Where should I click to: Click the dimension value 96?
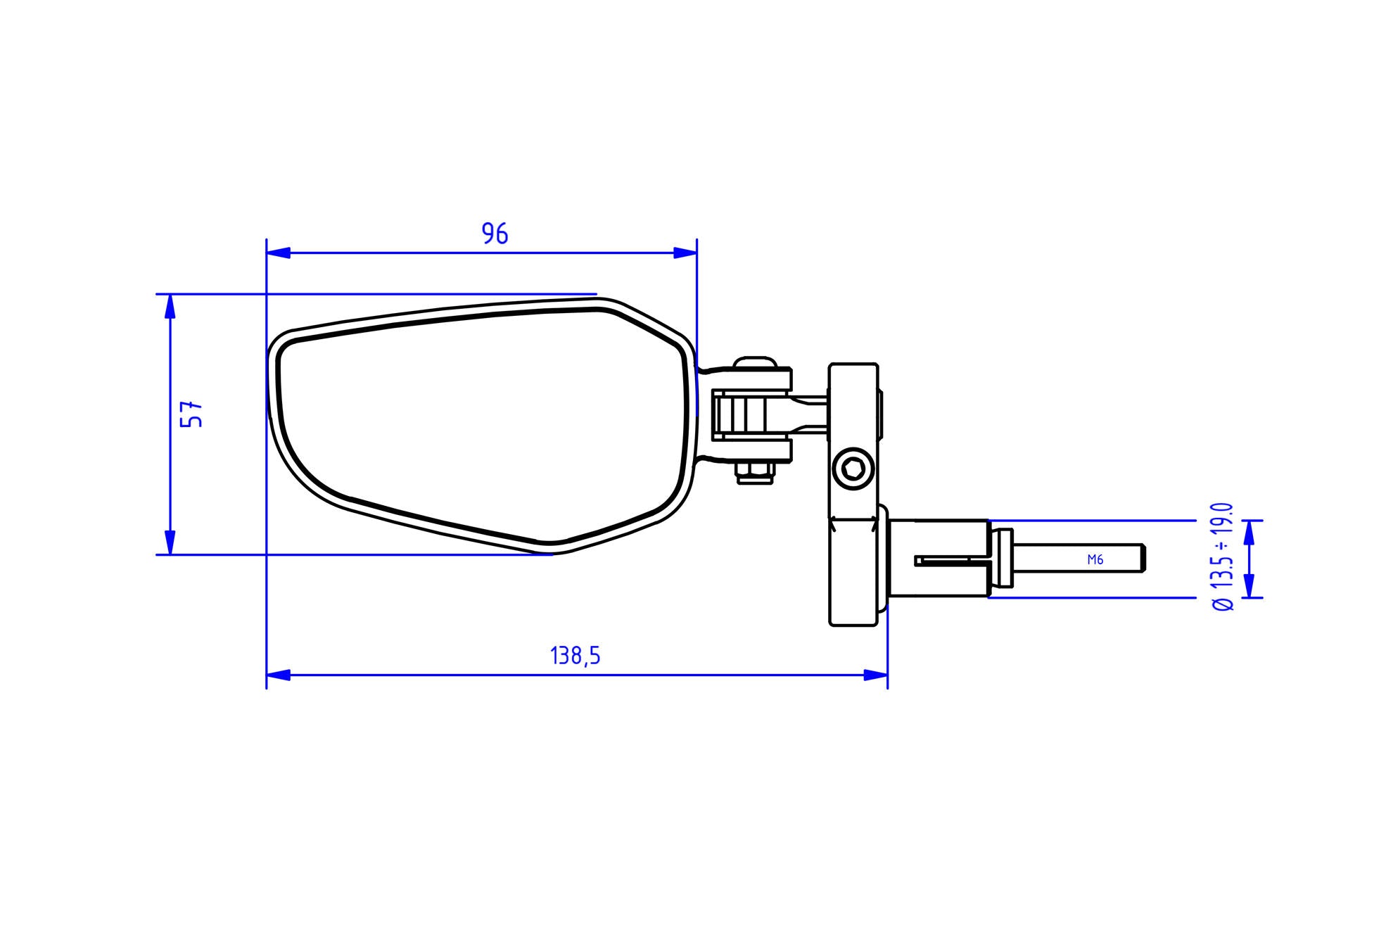click(495, 234)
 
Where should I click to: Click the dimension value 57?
click(191, 414)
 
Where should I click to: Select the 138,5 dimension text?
click(575, 656)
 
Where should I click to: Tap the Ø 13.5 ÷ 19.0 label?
click(1223, 556)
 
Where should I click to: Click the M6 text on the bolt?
click(1095, 560)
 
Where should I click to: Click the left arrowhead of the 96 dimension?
click(278, 253)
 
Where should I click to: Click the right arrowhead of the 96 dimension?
click(685, 253)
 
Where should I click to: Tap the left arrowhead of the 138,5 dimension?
click(278, 675)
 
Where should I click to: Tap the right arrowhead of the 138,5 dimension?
click(876, 675)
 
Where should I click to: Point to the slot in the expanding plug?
click(950, 561)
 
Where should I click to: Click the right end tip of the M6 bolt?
click(1144, 558)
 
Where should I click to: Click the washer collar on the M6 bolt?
click(1002, 559)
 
